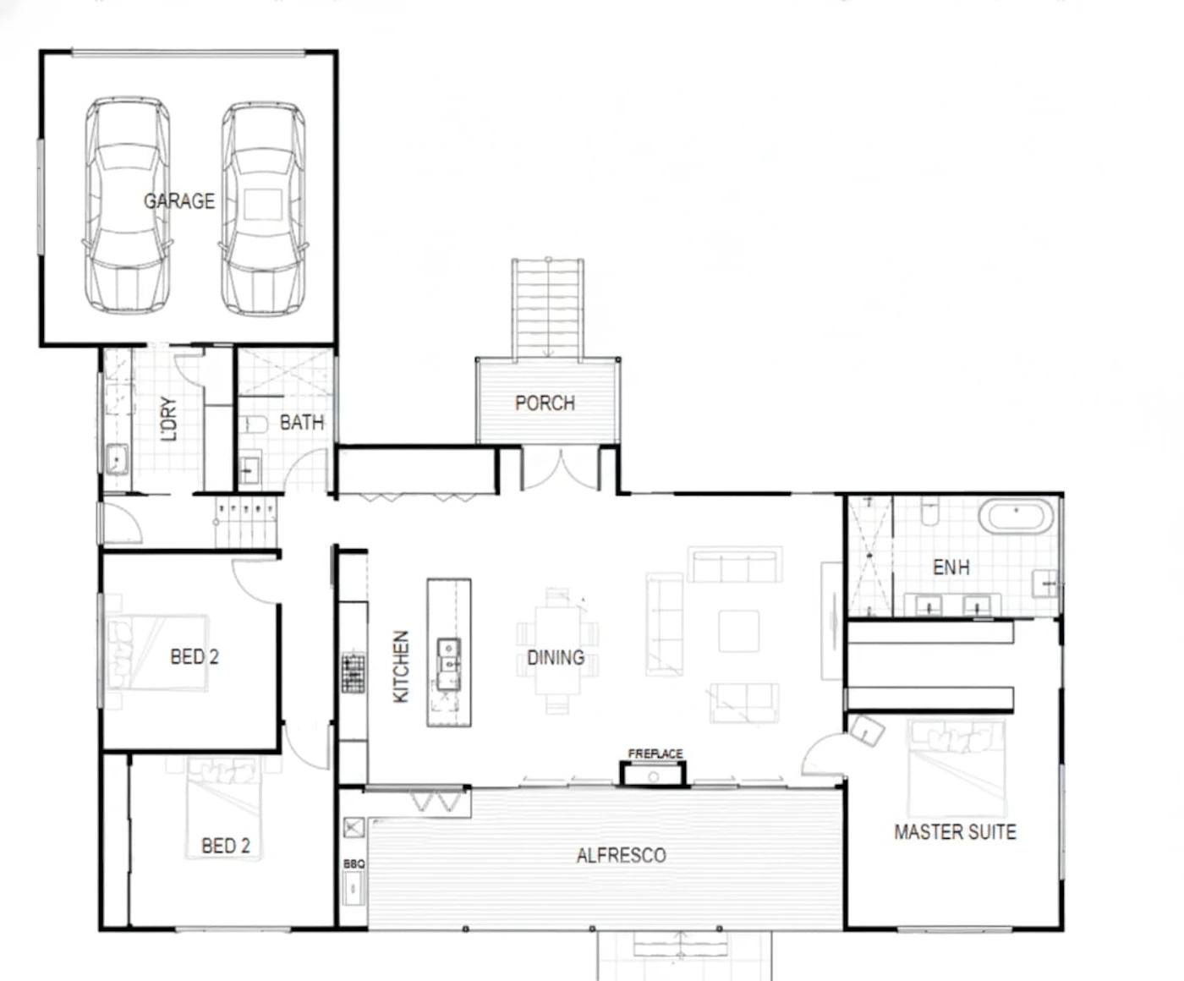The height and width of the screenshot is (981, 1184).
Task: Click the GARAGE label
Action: pyautogui.click(x=179, y=200)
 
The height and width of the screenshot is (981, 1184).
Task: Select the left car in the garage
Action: pyautogui.click(x=128, y=205)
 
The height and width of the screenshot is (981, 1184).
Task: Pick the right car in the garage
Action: pyautogui.click(x=264, y=208)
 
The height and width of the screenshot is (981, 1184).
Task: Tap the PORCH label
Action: pyautogui.click(x=545, y=403)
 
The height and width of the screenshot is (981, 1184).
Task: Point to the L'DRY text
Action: pyautogui.click(x=169, y=419)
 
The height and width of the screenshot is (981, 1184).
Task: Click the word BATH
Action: pyautogui.click(x=302, y=423)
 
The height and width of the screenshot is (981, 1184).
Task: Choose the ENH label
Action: pyautogui.click(x=951, y=567)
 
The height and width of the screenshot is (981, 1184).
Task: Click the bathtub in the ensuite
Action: pyautogui.click(x=1016, y=516)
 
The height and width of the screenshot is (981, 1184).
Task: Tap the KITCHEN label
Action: pyautogui.click(x=401, y=667)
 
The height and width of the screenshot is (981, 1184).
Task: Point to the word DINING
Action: pyautogui.click(x=556, y=658)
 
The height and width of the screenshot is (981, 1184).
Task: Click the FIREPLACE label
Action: pyautogui.click(x=655, y=754)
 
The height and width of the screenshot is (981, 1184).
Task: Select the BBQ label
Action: pyautogui.click(x=354, y=864)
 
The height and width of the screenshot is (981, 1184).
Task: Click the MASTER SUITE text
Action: pyautogui.click(x=955, y=832)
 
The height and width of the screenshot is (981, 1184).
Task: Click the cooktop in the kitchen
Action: pyautogui.click(x=353, y=673)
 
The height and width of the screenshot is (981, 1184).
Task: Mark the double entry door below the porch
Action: pyautogui.click(x=560, y=470)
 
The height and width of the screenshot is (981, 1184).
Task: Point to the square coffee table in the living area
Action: pyautogui.click(x=738, y=631)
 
